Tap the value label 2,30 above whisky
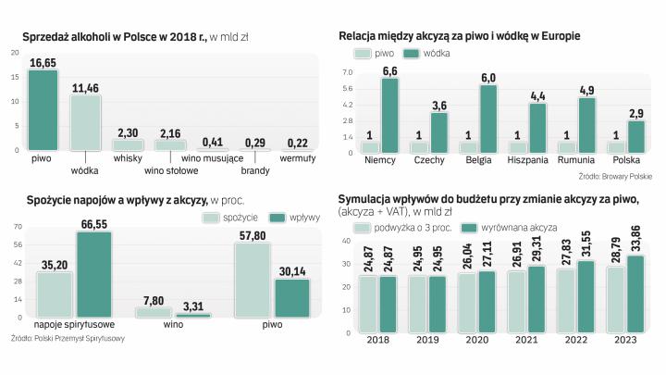coord(129,132)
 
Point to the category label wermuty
coord(298,158)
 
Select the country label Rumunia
coord(576,161)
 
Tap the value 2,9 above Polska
coord(635,113)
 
